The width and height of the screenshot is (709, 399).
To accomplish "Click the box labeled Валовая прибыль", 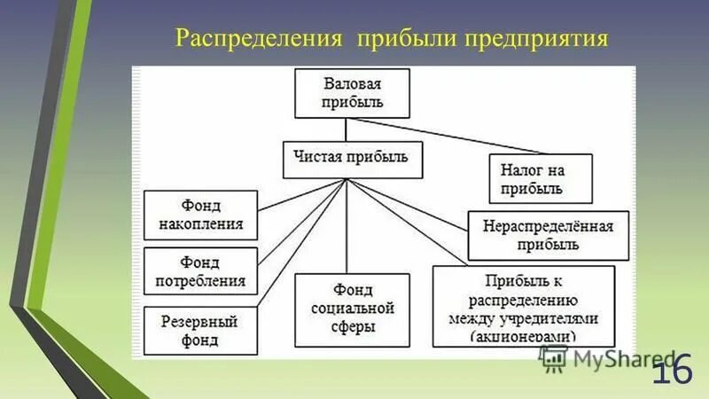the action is [352, 93].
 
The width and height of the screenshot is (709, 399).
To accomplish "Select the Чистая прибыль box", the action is [352, 159].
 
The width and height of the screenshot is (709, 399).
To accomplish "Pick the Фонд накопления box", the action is [200, 215].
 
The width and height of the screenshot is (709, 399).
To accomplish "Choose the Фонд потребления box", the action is [200, 271].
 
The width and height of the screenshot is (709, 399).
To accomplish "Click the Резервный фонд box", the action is [200, 330].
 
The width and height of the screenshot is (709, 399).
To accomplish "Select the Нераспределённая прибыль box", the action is [549, 235].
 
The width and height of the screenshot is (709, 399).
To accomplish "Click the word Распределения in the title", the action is [259, 39].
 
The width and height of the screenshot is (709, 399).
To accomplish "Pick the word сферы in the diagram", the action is [352, 326].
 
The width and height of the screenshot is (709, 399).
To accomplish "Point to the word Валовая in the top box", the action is [352, 84].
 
